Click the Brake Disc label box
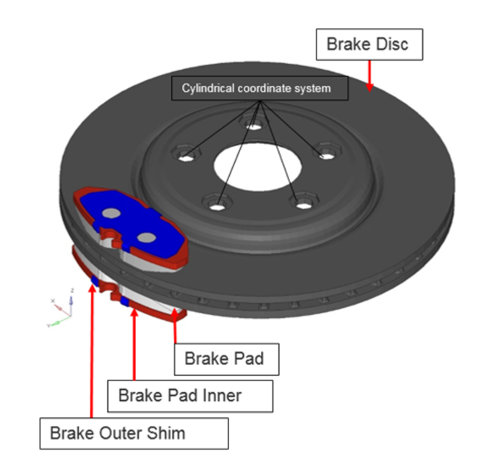coord(372,45)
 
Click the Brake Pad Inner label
coord(190,396)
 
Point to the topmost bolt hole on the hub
coord(253,127)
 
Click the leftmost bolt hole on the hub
coord(188,156)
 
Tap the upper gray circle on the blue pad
coord(112,213)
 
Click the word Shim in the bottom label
coord(164,433)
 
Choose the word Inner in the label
coord(220,396)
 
